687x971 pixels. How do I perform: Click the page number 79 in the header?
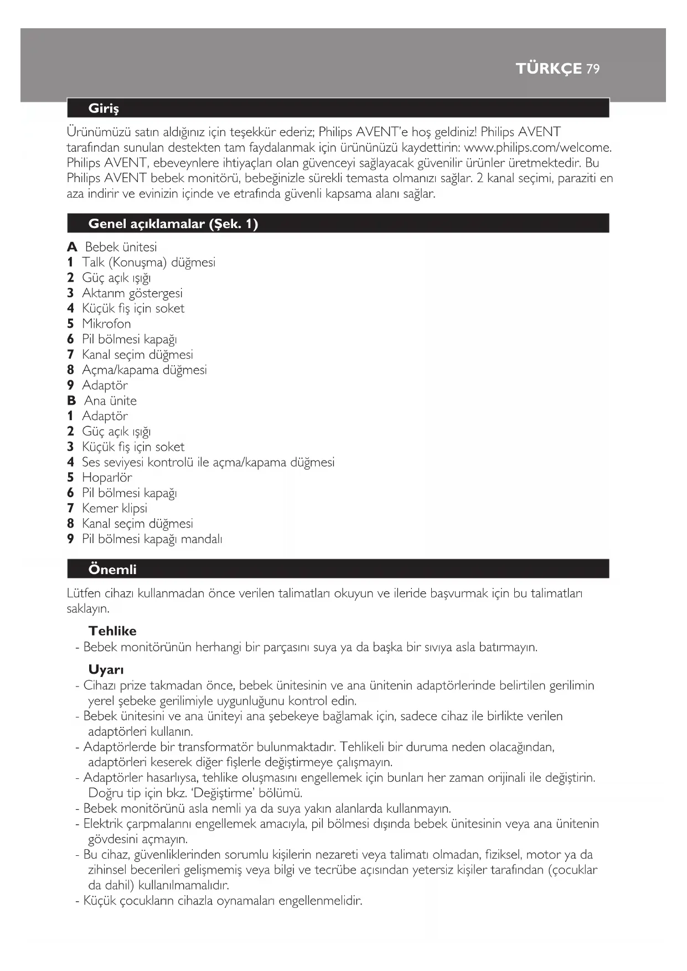pyautogui.click(x=593, y=69)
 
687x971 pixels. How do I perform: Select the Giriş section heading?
pyautogui.click(x=104, y=109)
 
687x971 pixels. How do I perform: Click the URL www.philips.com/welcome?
pyautogui.click(x=538, y=148)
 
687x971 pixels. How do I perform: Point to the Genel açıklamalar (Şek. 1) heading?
pyautogui.click(x=173, y=224)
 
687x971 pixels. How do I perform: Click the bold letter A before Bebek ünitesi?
pyautogui.click(x=72, y=247)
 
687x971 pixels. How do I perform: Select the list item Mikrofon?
pyautogui.click(x=106, y=324)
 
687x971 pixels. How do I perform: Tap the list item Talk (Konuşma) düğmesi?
pyautogui.click(x=148, y=262)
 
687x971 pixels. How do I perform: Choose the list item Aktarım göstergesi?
pyautogui.click(x=132, y=293)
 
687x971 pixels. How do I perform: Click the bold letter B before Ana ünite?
pyautogui.click(x=71, y=401)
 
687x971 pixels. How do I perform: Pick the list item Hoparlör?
pyautogui.click(x=107, y=478)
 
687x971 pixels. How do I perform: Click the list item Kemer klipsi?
pyautogui.click(x=115, y=508)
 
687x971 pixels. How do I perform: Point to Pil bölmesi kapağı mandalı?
pyautogui.click(x=152, y=539)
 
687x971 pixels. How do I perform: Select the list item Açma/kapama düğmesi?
pyautogui.click(x=144, y=370)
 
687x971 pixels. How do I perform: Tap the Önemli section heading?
pyautogui.click(x=112, y=570)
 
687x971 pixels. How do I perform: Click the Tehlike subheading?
pyautogui.click(x=112, y=631)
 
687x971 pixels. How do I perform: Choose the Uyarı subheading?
pyautogui.click(x=106, y=670)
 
